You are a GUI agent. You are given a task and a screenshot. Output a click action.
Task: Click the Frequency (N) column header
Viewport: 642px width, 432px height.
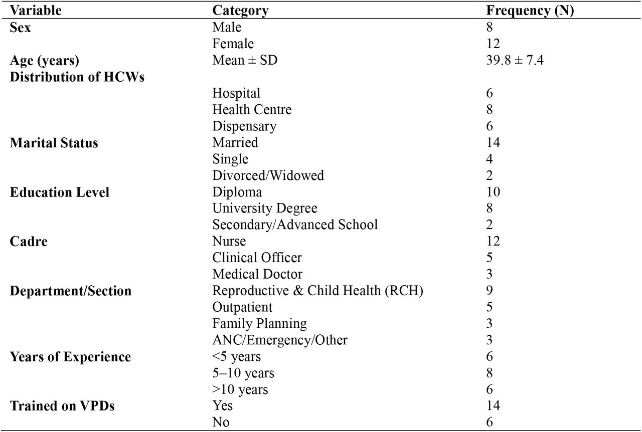point(530,11)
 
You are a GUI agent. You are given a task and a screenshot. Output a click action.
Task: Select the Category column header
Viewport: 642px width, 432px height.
point(240,11)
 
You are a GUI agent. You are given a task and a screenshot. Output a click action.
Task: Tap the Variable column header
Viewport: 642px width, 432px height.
point(36,11)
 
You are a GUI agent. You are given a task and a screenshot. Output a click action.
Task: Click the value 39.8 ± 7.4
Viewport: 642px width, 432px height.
point(515,60)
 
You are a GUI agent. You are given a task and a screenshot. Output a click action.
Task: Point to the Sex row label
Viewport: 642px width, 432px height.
point(20,28)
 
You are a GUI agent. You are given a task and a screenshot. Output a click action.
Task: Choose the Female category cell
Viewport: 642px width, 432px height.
point(233,44)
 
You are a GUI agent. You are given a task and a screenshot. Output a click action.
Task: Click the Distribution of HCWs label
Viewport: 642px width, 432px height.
point(77,77)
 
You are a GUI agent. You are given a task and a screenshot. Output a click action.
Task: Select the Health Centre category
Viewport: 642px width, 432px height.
point(252,109)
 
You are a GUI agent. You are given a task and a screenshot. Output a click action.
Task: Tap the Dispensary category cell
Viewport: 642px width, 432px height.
point(244,126)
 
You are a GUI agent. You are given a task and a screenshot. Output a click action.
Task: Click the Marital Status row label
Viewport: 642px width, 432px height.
point(54,143)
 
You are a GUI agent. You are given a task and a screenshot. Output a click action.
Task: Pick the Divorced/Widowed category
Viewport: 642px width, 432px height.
point(268,175)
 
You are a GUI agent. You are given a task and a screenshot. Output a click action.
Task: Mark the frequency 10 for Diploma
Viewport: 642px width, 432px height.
point(493,192)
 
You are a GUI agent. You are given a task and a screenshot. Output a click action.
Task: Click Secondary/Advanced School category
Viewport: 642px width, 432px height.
point(295,225)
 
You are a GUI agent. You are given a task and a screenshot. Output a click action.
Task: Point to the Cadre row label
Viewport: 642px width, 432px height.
point(29,242)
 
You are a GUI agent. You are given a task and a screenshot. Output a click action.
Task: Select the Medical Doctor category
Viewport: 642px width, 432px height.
point(257,274)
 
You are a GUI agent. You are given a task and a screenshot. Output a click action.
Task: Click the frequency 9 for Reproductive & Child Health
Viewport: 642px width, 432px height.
point(490,291)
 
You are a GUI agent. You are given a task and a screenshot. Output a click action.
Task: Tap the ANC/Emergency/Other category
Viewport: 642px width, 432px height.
point(280,340)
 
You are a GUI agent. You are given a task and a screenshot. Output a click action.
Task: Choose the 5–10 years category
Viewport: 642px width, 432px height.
point(243,373)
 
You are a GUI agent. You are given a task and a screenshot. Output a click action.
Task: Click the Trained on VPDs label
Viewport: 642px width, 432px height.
point(62,406)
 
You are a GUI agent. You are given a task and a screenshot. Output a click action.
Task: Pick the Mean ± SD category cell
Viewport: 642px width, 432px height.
point(245,60)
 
